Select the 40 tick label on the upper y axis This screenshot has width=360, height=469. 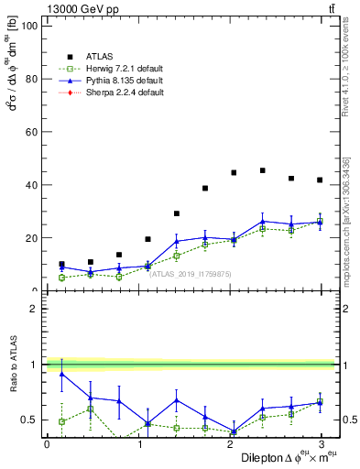pyautogui.click(x=32, y=185)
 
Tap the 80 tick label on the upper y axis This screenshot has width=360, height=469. pyautogui.click(x=32, y=79)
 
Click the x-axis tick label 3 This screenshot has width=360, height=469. pyautogui.click(x=320, y=444)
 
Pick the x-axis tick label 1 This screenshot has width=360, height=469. pyautogui.click(x=137, y=444)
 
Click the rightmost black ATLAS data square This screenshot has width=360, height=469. pyautogui.click(x=320, y=180)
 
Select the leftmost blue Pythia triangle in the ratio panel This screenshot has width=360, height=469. pyautogui.click(x=61, y=374)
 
